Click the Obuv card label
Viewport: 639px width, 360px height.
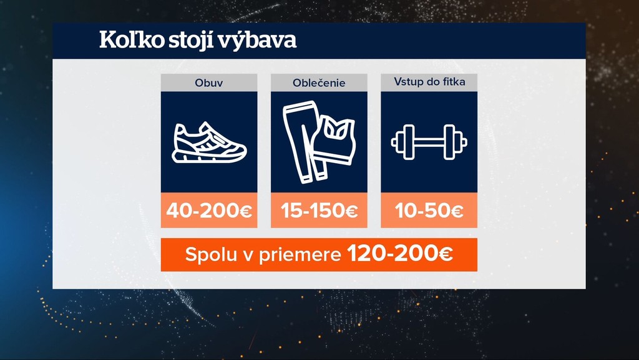point(209,82)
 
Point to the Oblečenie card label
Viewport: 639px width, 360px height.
point(319,82)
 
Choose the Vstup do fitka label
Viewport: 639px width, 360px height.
point(429,82)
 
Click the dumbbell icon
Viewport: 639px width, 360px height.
point(429,141)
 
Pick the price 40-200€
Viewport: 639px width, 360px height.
point(209,211)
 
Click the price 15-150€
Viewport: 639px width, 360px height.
point(319,211)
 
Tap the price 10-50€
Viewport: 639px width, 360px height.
point(429,211)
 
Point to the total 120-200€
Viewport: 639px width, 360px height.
point(400,255)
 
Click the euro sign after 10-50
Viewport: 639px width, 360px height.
point(456,211)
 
